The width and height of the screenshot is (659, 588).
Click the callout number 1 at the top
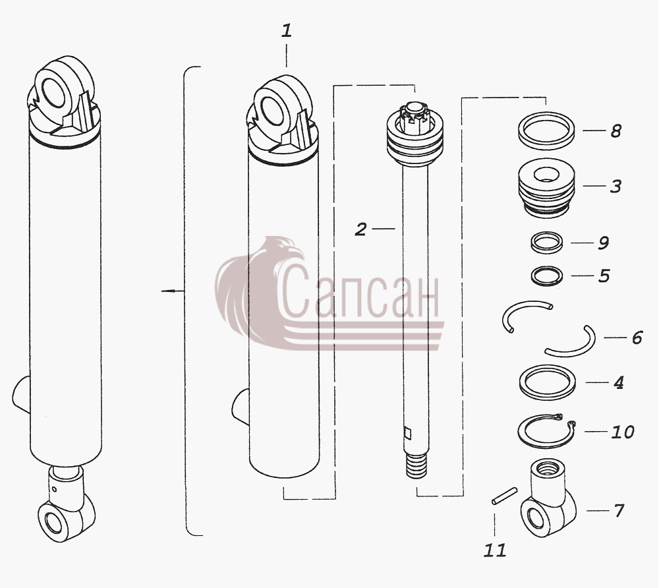286,31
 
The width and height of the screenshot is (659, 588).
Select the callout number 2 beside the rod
360,229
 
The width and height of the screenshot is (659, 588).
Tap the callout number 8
616,131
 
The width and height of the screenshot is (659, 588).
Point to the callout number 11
495,550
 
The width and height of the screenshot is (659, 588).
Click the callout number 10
623,432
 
